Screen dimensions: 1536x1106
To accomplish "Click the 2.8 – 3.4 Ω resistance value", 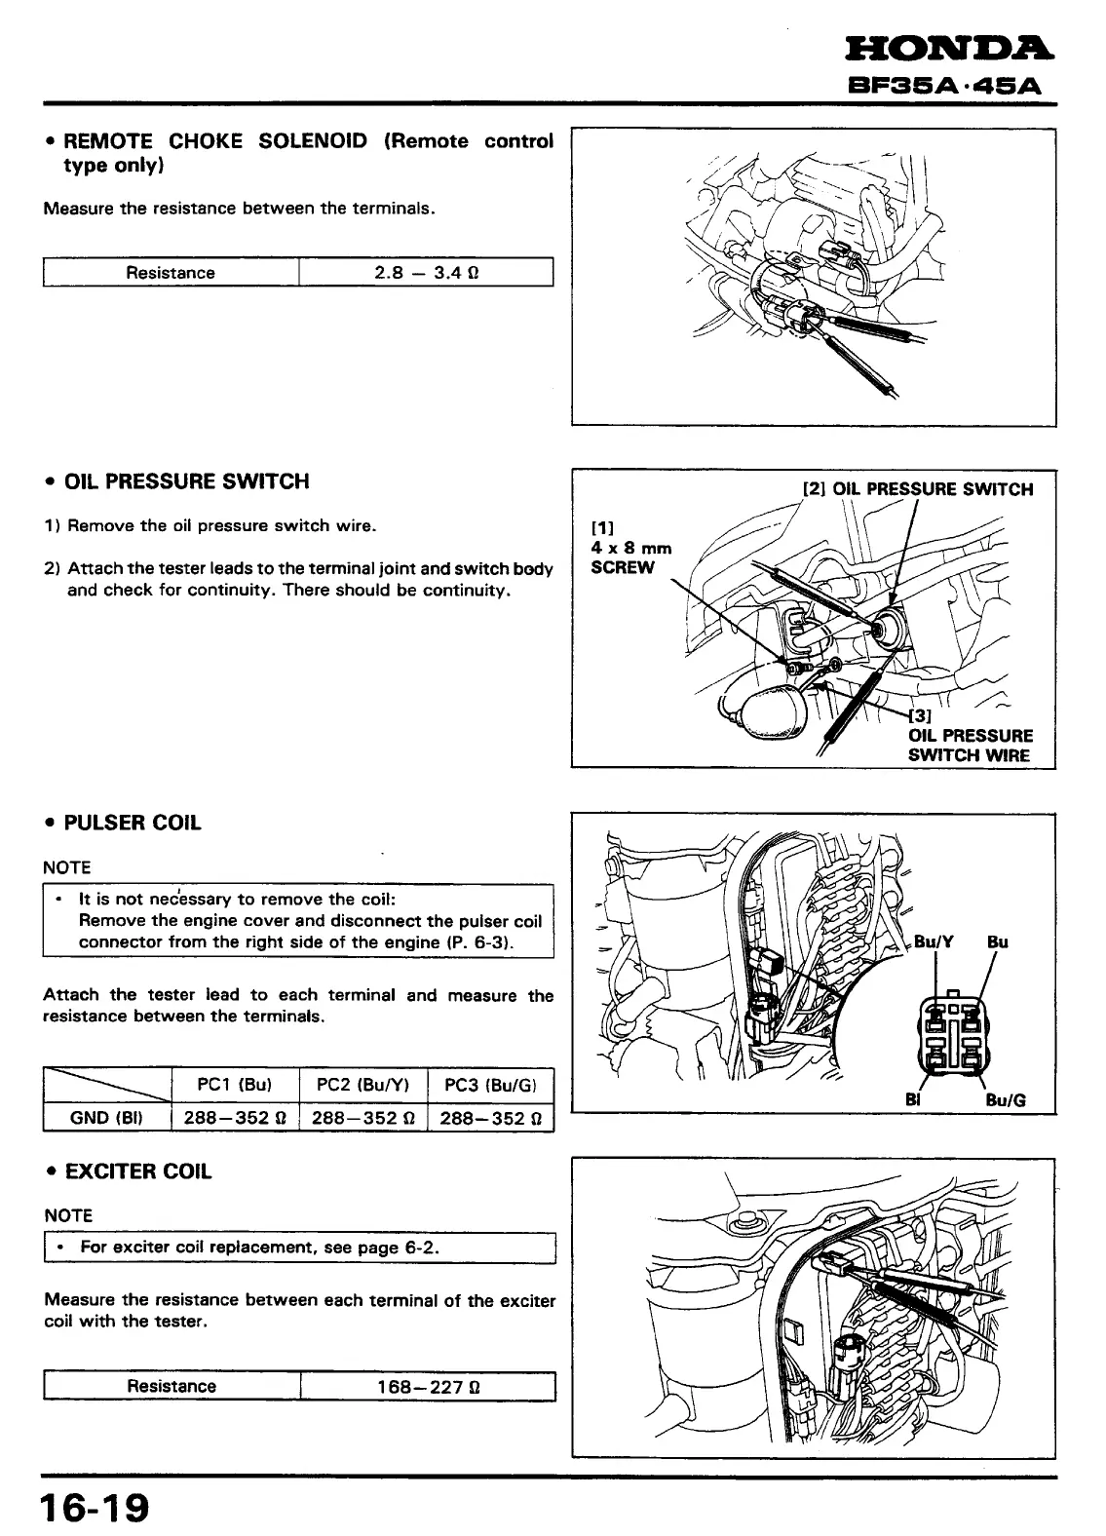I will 426,273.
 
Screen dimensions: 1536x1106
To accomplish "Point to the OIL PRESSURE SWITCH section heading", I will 186,481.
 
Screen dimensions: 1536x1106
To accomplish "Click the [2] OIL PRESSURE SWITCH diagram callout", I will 917,489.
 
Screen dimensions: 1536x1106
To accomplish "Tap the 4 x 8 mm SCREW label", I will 631,557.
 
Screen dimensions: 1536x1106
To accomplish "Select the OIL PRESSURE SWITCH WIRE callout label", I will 970,746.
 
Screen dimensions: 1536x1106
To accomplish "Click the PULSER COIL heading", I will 133,823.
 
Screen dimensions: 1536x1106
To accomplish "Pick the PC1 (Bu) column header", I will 234,1085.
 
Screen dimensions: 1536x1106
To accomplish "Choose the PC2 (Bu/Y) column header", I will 363,1085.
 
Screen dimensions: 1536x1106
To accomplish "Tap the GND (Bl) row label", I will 107,1118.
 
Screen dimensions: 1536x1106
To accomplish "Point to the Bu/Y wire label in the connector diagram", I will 934,942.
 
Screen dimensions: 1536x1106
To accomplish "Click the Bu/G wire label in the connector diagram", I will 1006,1100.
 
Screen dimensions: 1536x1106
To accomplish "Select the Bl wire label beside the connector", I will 913,1099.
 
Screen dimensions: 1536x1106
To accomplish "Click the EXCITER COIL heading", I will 137,1171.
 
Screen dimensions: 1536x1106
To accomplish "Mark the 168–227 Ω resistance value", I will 428,1387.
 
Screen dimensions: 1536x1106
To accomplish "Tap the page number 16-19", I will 95,1509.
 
